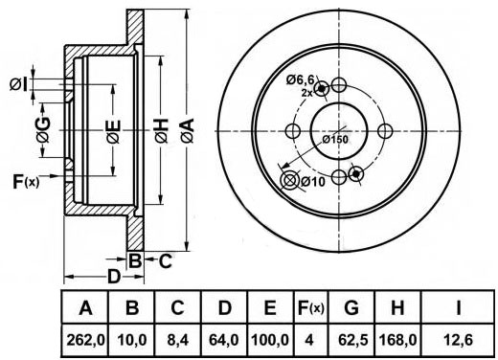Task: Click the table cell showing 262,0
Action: point(85,340)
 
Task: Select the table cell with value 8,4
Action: point(177,340)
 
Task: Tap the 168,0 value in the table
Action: point(397,340)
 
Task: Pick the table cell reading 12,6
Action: point(458,340)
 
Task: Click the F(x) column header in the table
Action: point(310,307)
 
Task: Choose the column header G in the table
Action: point(351,307)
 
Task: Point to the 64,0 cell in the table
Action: point(224,340)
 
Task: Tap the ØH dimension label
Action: point(162,130)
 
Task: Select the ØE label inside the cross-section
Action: point(114,131)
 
